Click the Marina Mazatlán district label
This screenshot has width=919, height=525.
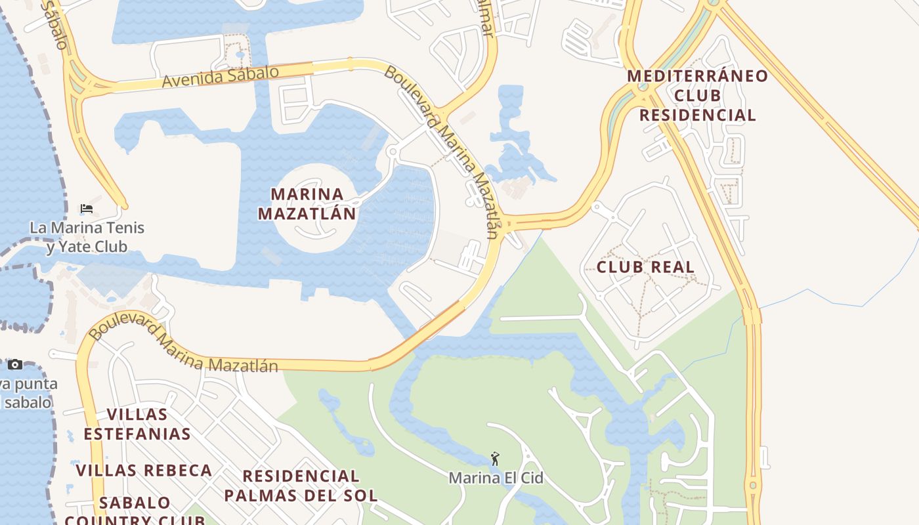click(307, 203)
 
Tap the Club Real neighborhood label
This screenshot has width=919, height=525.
click(645, 267)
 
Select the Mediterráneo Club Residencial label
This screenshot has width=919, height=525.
click(697, 95)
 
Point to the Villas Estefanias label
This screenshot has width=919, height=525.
click(137, 424)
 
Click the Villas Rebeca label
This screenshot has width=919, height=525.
click(144, 471)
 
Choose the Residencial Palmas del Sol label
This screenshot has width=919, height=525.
click(301, 486)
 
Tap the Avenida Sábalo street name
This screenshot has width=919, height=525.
click(220, 77)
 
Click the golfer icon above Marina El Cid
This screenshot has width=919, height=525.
click(495, 459)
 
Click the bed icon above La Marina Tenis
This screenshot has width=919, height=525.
click(86, 209)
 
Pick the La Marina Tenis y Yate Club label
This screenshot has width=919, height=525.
click(87, 238)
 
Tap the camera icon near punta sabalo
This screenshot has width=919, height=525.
click(15, 365)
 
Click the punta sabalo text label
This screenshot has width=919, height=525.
click(29, 392)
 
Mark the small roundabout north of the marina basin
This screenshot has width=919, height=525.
click(393, 152)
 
